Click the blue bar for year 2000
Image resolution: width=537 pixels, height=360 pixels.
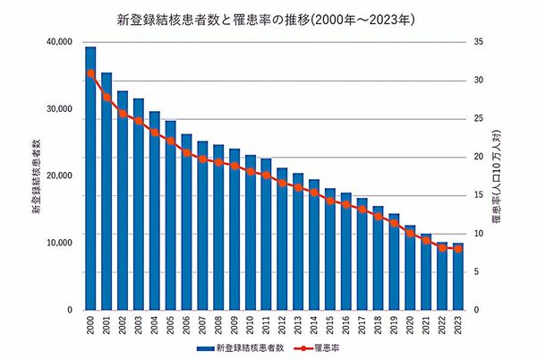[90, 179]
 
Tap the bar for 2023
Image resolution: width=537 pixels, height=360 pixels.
[458, 277]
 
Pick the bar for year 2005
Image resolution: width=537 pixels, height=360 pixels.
[170, 215]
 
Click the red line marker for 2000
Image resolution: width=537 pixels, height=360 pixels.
[90, 73]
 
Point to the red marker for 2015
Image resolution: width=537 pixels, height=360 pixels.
[330, 201]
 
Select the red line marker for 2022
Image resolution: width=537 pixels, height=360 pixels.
[442, 248]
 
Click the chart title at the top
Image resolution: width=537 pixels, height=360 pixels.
[268, 17]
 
